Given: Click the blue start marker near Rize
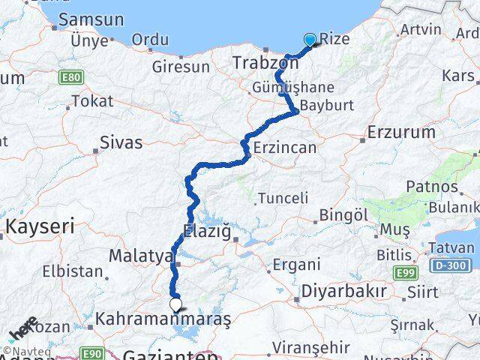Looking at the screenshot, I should [310, 40].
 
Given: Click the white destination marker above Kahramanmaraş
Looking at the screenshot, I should [176, 304].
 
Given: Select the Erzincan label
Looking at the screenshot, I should [286, 148].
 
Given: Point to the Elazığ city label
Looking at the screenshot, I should [206, 231].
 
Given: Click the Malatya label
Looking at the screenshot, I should [141, 256].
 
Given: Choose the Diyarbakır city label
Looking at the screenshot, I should [343, 291].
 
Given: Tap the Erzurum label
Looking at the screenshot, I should [402, 133].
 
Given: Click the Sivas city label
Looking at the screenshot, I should [121, 139].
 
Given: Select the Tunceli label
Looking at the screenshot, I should [283, 198].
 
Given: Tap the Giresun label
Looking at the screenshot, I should [181, 66].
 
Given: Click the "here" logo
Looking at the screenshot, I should [24, 329].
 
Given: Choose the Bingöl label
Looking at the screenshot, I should [343, 215].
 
